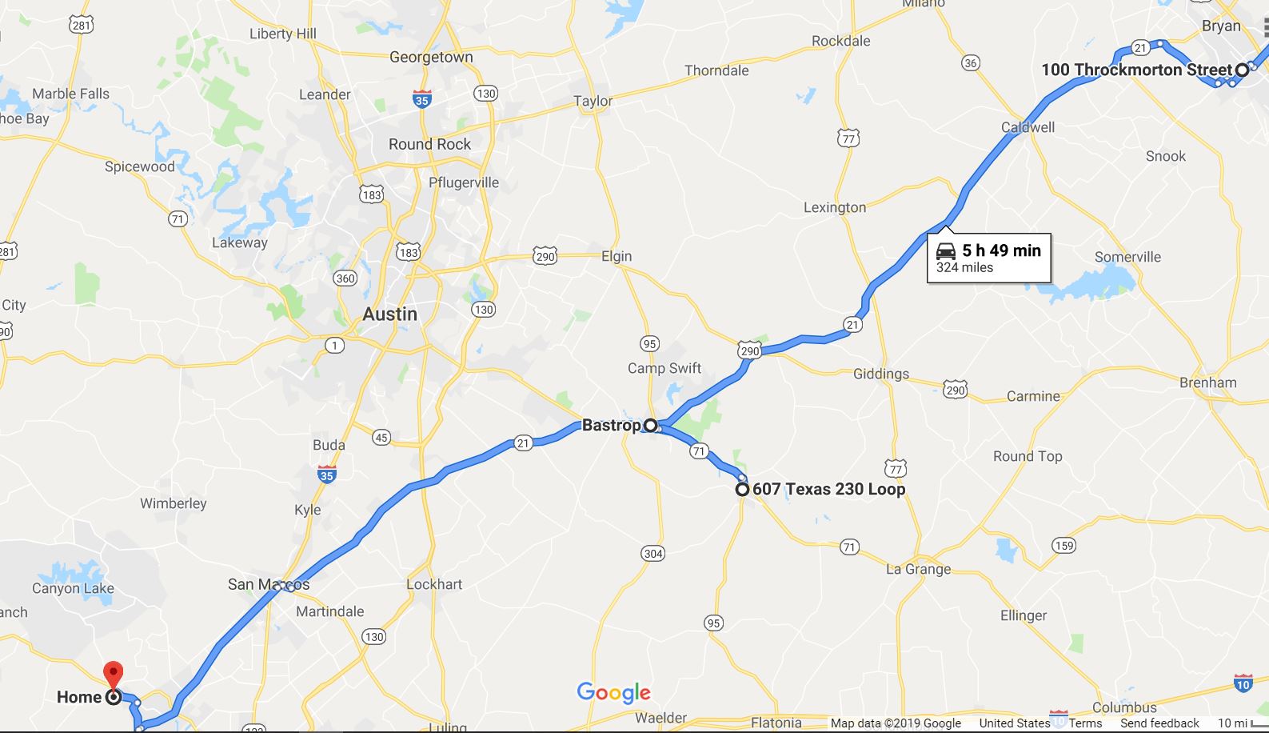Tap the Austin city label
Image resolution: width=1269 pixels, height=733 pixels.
click(x=389, y=314)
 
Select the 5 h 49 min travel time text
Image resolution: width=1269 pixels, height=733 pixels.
click(x=1001, y=250)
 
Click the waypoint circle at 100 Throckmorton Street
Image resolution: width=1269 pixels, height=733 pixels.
click(x=1242, y=70)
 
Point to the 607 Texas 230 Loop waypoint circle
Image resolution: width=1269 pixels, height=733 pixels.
click(x=742, y=489)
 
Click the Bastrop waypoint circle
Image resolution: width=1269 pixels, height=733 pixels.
click(x=651, y=425)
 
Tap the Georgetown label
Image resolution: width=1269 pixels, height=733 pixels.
click(x=431, y=57)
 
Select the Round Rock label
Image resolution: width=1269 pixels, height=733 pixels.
click(x=429, y=144)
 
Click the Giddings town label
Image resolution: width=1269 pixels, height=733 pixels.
click(x=880, y=374)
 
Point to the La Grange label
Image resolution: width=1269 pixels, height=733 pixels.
click(x=918, y=569)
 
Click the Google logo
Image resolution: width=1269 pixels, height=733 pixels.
click(x=613, y=693)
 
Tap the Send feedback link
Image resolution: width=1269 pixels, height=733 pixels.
click(x=1159, y=723)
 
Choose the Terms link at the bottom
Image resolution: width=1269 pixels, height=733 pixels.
click(x=1085, y=723)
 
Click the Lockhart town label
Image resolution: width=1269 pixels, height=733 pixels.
click(x=434, y=584)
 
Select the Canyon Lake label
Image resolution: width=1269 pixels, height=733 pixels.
click(x=73, y=588)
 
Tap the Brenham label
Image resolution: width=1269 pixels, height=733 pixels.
click(x=1207, y=383)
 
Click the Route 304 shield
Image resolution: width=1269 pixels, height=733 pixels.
click(x=652, y=553)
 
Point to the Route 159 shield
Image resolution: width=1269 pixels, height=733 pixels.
click(x=1063, y=546)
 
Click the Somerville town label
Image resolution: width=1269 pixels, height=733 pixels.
click(x=1127, y=257)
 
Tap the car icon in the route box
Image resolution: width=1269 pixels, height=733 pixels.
click(x=946, y=250)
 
